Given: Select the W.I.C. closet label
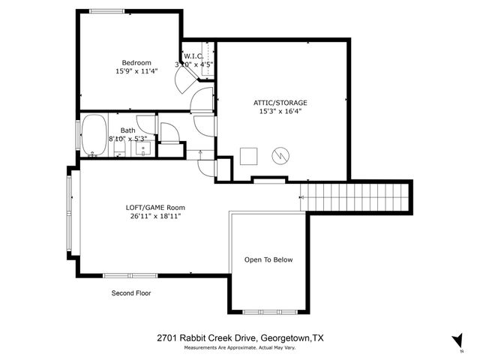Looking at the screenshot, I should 194,55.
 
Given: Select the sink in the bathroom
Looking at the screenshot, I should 144,148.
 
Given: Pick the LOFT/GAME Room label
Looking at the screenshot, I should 155,208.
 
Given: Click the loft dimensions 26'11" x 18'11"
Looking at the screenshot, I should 155,217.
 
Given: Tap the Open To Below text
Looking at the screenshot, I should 268,260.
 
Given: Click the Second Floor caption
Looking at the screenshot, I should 131,293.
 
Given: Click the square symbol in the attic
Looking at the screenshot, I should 248,155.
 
